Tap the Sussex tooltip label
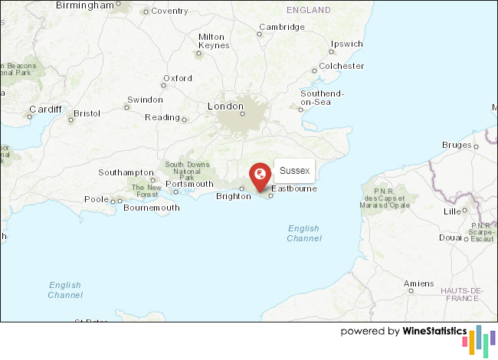coord(294,170)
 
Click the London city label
coord(225,106)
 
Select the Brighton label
coord(233,196)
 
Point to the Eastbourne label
coord(294,188)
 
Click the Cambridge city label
coord(281,27)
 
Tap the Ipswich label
coord(346,44)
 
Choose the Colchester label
coord(342,66)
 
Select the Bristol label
coord(87,113)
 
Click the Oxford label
coord(177,78)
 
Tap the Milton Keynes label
coord(213,41)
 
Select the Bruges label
coord(457,145)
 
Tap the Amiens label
coord(419,283)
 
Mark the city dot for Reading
coord(185,119)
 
